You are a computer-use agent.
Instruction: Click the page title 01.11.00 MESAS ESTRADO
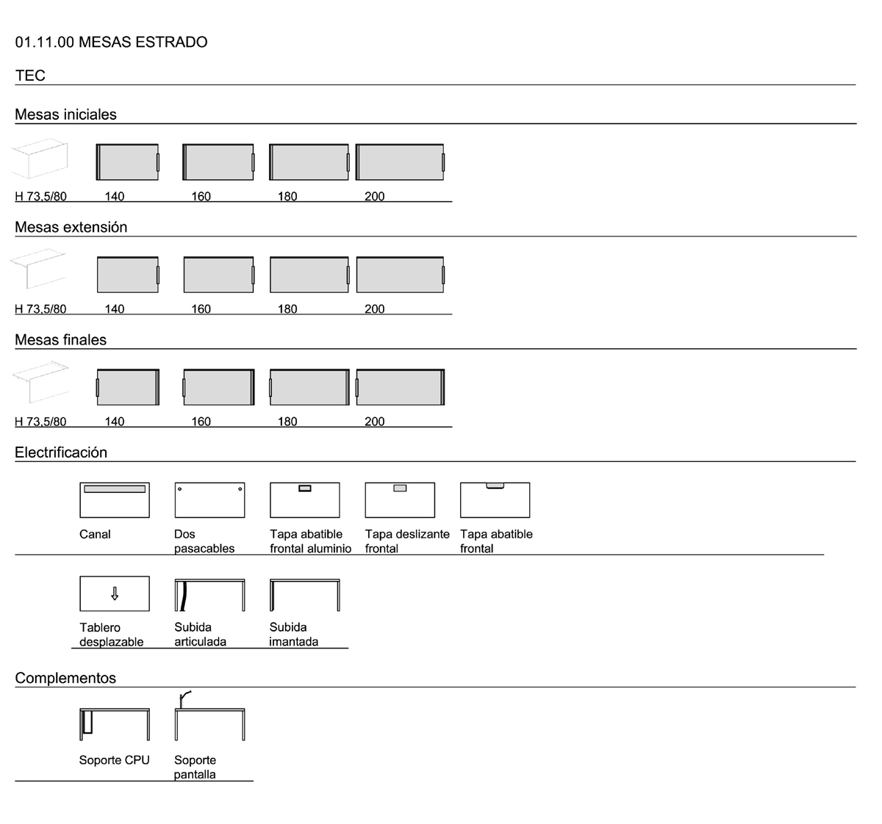coord(111,42)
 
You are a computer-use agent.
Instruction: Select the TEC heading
coord(30,76)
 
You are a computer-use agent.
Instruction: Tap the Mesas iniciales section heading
coord(65,115)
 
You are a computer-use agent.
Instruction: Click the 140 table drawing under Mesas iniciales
coord(127,162)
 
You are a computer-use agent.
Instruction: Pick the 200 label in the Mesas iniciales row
coord(374,196)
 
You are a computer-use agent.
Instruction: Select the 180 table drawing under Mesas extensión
coord(309,275)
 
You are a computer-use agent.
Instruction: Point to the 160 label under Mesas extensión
coord(201,309)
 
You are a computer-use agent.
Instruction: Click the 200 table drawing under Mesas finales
coord(400,387)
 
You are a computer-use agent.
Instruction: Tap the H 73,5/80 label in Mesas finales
coord(40,422)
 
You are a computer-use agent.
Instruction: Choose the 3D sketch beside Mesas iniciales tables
coord(40,159)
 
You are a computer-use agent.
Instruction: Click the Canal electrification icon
coord(115,500)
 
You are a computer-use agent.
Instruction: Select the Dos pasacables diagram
coord(209,500)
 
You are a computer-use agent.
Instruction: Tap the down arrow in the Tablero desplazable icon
coord(115,593)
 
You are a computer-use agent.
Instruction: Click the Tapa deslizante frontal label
coord(407,541)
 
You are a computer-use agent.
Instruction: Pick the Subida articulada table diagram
coord(209,595)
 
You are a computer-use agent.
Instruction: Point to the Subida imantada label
coord(293,635)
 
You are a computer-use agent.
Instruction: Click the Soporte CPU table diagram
coord(115,725)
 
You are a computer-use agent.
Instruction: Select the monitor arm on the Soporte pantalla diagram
coord(184,699)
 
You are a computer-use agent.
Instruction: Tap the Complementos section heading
coord(65,678)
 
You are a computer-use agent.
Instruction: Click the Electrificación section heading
coord(61,452)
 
